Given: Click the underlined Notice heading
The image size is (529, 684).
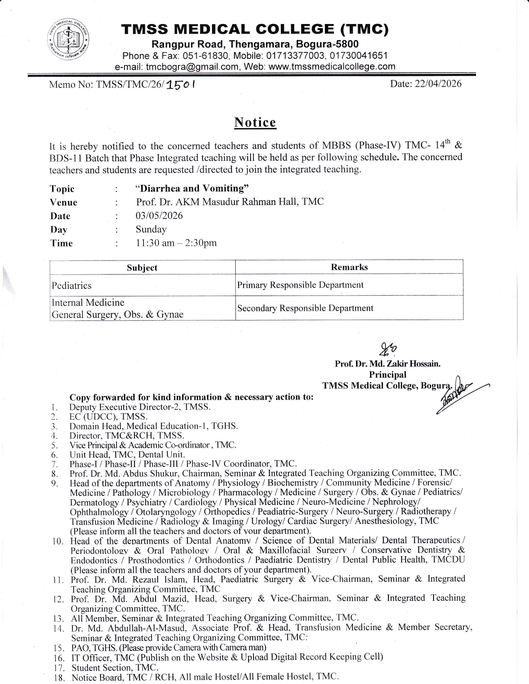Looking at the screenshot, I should tap(255, 123).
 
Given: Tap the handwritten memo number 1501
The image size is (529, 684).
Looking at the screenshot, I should tap(181, 85).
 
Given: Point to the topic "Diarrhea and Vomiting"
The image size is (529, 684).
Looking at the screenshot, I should tap(193, 189).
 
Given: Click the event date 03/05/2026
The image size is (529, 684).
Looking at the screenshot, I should tap(159, 216).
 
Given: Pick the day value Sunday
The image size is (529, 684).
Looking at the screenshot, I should tap(151, 229).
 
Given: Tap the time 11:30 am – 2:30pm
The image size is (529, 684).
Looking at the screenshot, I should tap(176, 243).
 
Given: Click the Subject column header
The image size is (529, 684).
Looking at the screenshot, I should tap(142, 268).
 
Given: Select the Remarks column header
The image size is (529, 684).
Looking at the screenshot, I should tap(349, 267).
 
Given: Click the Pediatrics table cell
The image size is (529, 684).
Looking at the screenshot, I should tap(72, 286).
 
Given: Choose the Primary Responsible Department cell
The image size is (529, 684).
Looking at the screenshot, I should tap(300, 285).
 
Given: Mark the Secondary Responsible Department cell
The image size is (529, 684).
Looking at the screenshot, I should tap(305, 308).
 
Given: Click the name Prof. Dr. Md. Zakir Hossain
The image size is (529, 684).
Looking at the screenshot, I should tap(388, 364).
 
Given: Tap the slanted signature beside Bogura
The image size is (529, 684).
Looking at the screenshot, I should tap(456, 394).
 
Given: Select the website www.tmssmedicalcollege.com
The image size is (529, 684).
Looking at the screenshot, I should tap(332, 67).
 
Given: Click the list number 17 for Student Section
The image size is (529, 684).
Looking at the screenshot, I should tap(58, 668).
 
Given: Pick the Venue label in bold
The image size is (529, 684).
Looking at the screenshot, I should tap(63, 202).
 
